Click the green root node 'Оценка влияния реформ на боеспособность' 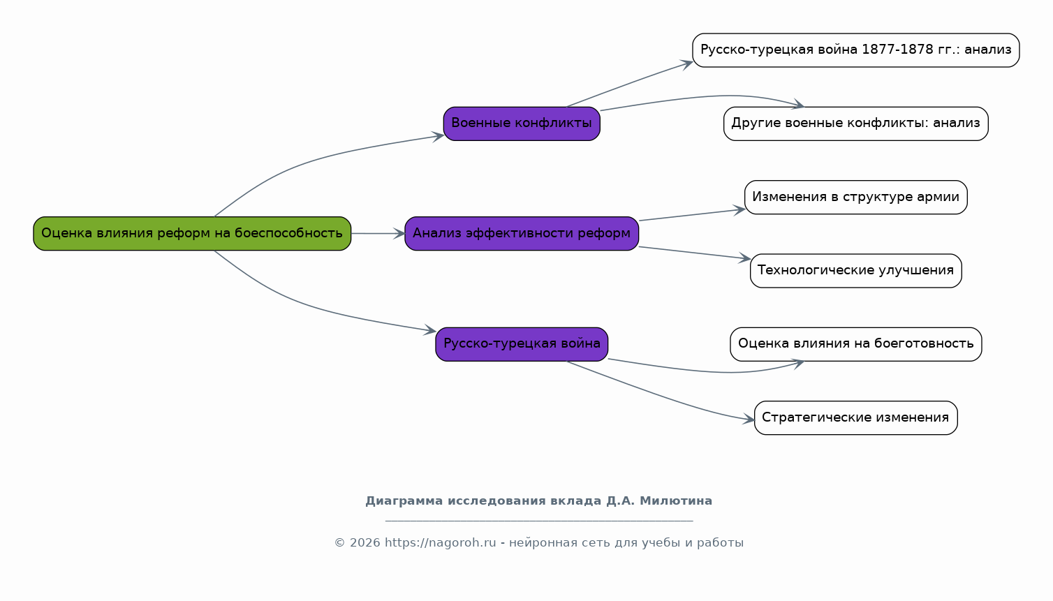point(192,234)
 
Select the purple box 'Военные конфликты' point(522,124)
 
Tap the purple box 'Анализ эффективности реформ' point(522,234)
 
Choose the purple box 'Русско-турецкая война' point(522,344)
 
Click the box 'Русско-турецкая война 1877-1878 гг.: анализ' point(855,50)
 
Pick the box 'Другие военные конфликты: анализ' point(855,124)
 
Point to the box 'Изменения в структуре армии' point(855,198)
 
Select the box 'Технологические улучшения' point(855,271)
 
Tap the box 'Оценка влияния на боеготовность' point(855,344)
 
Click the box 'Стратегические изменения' point(855,417)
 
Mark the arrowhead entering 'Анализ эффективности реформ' point(399,234)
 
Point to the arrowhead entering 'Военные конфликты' point(438,136)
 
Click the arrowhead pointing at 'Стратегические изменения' point(749,419)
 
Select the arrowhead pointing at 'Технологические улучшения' point(744,258)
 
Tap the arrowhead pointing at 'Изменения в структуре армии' point(739,210)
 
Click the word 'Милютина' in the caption point(676,501)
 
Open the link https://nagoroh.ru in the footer point(441,543)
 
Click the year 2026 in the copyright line point(364,543)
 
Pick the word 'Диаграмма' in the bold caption point(404,501)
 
